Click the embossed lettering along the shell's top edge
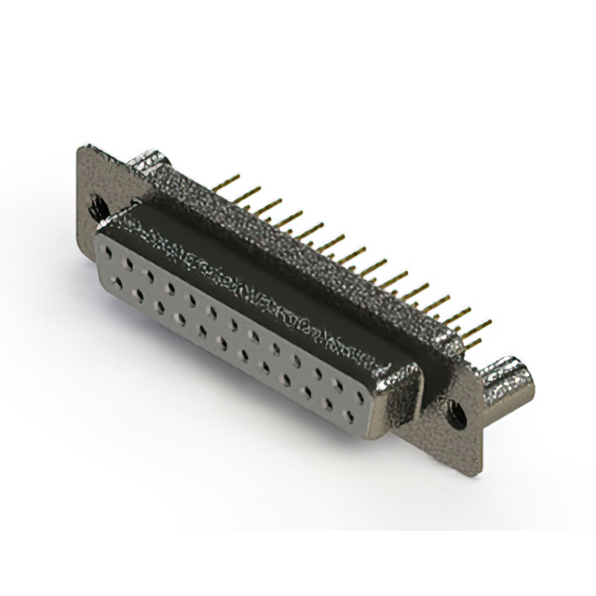click(x=261, y=290)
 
